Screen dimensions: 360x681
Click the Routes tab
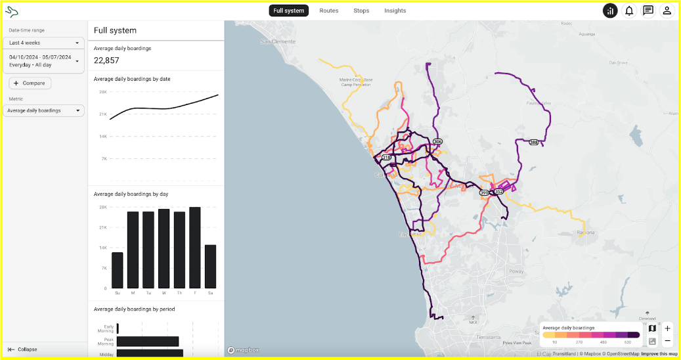pyautogui.click(x=329, y=11)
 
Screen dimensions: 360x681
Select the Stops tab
pyautogui.click(x=361, y=11)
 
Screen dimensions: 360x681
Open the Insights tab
pyautogui.click(x=395, y=11)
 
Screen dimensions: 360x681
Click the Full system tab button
pyautogui.click(x=288, y=11)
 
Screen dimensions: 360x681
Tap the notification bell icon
pyautogui.click(x=629, y=11)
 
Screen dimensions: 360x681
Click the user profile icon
pyautogui.click(x=667, y=11)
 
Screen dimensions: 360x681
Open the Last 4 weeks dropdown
pyautogui.click(x=44, y=43)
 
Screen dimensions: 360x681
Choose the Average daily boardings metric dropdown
pyautogui.click(x=44, y=110)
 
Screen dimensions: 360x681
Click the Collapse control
pyautogui.click(x=23, y=349)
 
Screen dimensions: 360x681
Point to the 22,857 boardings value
pyautogui.click(x=106, y=60)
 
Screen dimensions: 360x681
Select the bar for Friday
pyautogui.click(x=194, y=247)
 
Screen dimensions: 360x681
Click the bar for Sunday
pyautogui.click(x=118, y=269)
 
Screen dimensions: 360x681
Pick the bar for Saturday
pyautogui.click(x=210, y=266)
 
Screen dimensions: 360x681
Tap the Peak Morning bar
pyautogui.click(x=148, y=342)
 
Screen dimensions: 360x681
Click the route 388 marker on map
pyautogui.click(x=534, y=142)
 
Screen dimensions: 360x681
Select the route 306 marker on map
pyautogui.click(x=438, y=142)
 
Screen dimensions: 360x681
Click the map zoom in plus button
pyautogui.click(x=667, y=328)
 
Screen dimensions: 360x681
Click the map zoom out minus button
pyautogui.click(x=667, y=341)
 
